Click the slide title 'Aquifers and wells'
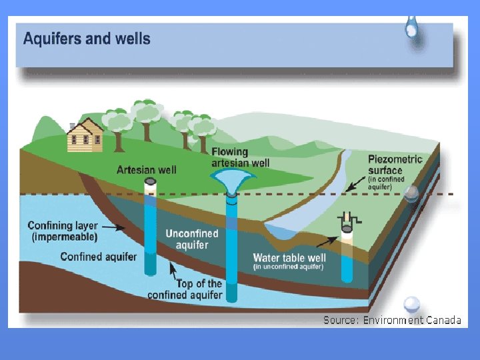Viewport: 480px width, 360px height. coord(87,38)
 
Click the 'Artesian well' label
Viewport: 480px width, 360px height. coord(147,169)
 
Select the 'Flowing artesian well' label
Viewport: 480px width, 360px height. coord(241,157)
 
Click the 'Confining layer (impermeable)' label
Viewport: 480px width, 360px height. coord(63,231)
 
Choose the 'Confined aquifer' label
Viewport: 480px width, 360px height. coord(99,257)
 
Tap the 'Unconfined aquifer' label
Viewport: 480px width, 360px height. coord(192,239)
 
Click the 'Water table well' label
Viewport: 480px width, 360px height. coord(288,258)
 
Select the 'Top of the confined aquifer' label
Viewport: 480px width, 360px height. coord(185,289)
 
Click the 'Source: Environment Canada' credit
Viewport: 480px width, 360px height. coord(392,320)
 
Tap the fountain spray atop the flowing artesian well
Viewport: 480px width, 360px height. coord(231,178)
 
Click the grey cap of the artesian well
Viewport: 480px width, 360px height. coord(151,181)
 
